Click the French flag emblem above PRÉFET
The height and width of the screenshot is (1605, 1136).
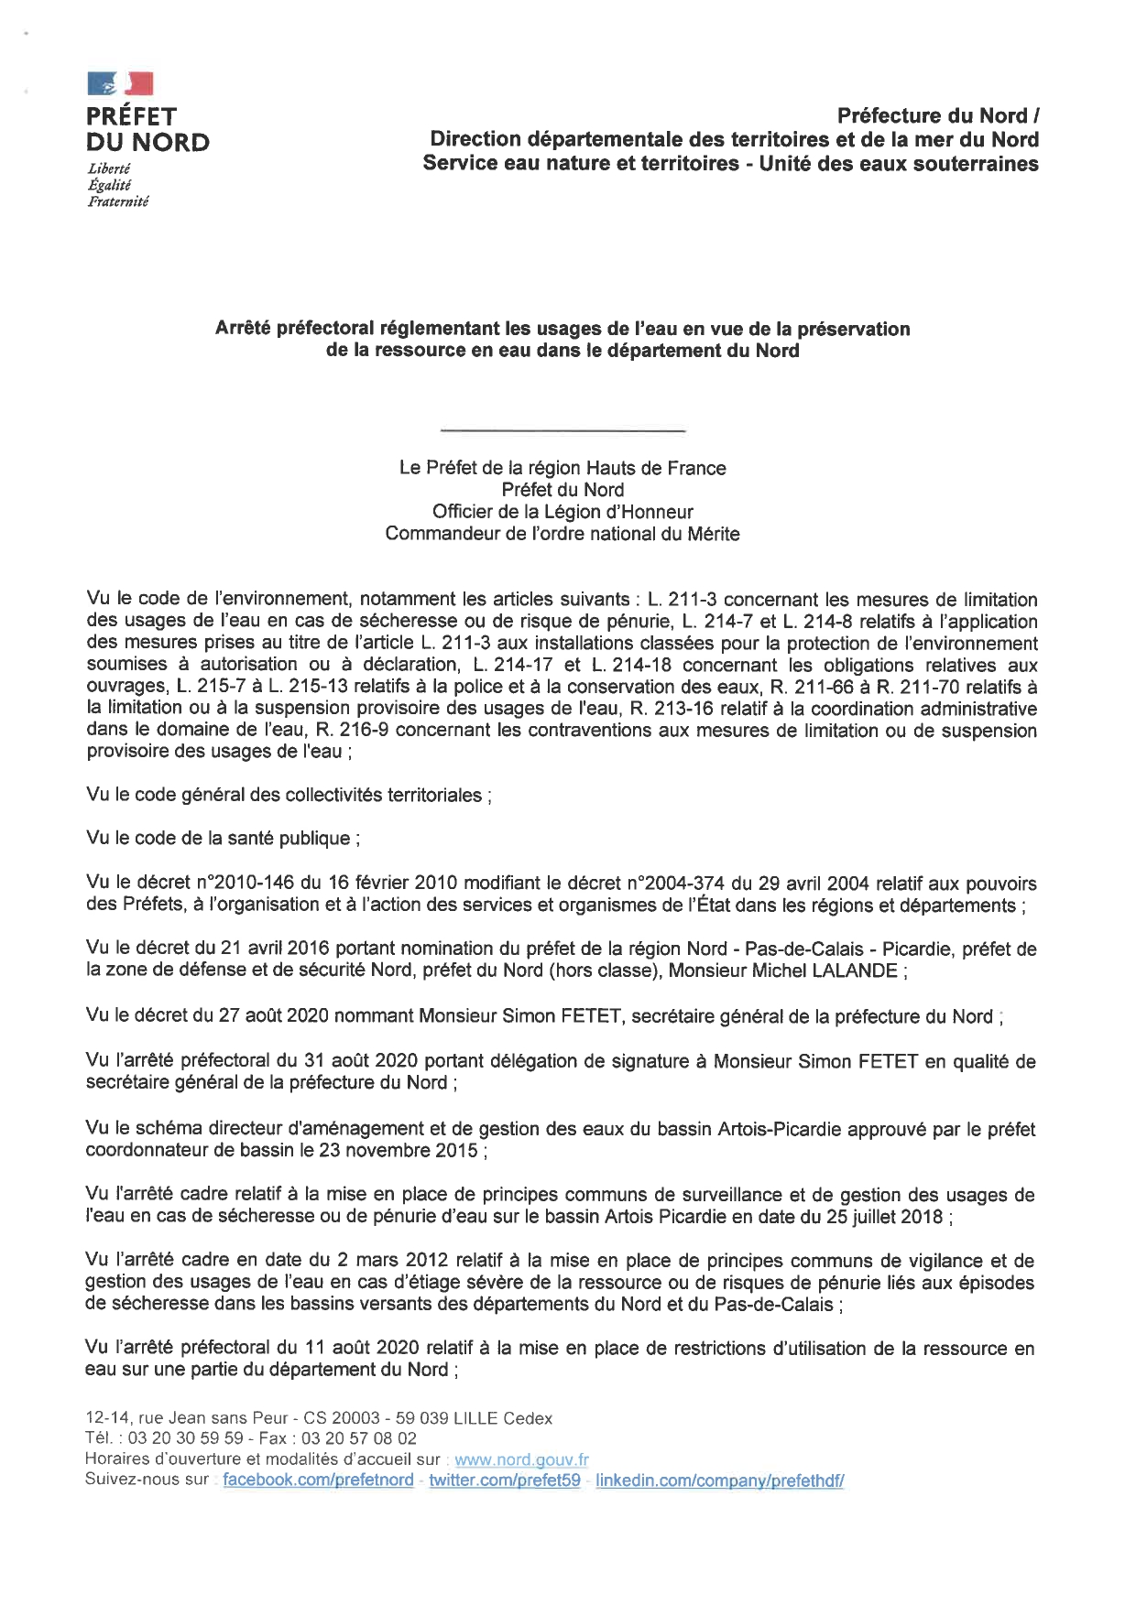120,84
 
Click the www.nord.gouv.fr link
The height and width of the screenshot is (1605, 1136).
521,1459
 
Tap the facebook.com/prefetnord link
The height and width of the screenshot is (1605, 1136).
318,1480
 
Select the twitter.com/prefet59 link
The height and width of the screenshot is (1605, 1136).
504,1480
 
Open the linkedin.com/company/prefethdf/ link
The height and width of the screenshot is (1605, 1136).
719,1480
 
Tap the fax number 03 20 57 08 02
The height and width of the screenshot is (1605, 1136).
359,1438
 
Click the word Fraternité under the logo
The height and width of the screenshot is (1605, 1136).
117,201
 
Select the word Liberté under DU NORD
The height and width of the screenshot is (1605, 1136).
108,168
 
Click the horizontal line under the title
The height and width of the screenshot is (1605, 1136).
563,430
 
